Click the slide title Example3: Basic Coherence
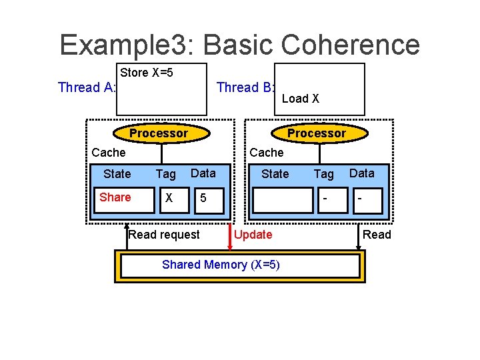click(239, 45)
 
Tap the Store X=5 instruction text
click(147, 73)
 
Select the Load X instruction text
click(300, 99)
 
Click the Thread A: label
click(87, 87)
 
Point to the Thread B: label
click(246, 87)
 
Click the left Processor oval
click(158, 133)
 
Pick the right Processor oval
click(316, 133)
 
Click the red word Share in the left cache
click(115, 197)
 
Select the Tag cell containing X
click(169, 199)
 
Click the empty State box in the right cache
click(283, 199)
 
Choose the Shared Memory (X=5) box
click(239, 265)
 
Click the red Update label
click(253, 235)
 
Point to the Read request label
click(163, 235)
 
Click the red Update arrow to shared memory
click(229, 237)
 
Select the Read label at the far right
click(377, 235)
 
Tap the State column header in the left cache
click(117, 174)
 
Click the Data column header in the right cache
click(362, 173)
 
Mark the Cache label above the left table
click(108, 153)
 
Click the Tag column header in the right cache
click(323, 174)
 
